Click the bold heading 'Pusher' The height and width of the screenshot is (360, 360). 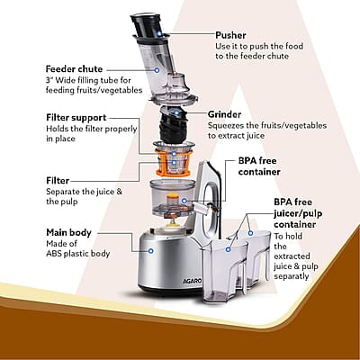[230, 35]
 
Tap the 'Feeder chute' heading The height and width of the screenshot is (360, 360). [74, 69]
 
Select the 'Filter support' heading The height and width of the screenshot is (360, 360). [76, 118]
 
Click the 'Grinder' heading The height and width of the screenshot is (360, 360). [224, 114]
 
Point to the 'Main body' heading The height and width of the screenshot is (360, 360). [68, 232]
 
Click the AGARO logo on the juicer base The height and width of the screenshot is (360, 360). [193, 282]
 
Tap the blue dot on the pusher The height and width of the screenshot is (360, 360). [159, 33]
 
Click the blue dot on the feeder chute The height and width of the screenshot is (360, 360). [157, 70]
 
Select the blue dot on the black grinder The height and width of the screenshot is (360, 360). [176, 113]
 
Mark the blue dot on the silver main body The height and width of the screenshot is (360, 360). [151, 250]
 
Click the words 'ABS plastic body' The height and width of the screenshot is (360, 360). [78, 254]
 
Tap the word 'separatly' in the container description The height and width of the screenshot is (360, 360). [292, 276]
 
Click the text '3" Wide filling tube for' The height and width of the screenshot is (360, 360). [88, 80]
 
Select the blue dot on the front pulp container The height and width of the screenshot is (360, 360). [229, 249]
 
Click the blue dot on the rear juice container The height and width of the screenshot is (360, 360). [250, 233]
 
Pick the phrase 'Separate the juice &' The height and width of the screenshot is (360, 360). [85, 192]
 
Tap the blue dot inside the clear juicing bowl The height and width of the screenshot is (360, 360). [184, 201]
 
